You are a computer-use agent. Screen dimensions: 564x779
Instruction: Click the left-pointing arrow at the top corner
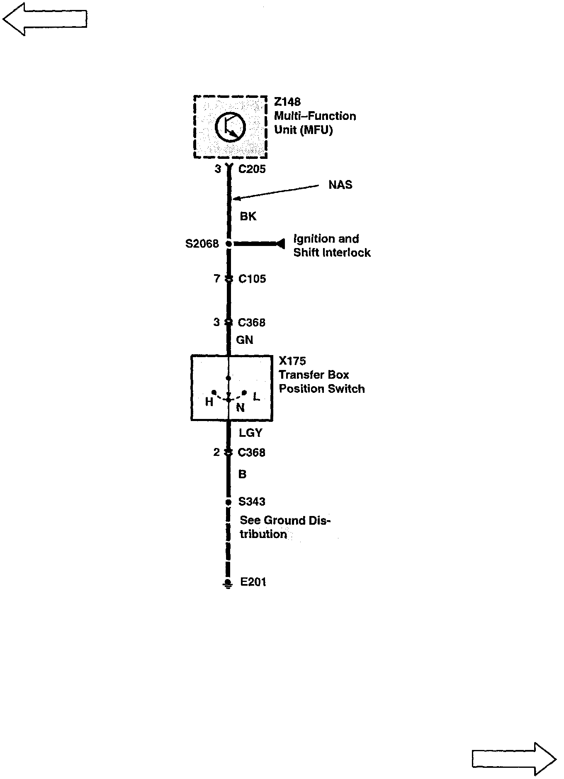[45, 19]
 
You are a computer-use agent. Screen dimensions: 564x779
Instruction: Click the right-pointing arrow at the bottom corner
[514, 759]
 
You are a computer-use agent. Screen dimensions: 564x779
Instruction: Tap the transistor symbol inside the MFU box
[230, 127]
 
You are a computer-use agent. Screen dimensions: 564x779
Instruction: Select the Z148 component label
[287, 102]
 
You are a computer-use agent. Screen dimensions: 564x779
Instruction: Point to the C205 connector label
[252, 169]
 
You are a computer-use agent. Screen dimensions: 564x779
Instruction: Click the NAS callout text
[340, 185]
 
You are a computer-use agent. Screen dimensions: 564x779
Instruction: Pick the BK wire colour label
[248, 217]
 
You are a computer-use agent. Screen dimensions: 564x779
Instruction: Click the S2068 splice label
[202, 243]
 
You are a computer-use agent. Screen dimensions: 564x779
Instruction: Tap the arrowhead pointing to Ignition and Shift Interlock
[281, 244]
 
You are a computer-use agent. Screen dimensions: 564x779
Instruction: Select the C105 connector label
[252, 279]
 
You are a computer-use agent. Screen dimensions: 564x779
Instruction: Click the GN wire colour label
[244, 340]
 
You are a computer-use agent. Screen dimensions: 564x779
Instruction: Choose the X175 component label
[292, 361]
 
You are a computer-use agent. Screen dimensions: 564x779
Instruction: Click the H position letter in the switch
[209, 402]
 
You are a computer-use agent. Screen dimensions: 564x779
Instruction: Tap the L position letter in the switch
[256, 397]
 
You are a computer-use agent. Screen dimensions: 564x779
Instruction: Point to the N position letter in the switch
[240, 408]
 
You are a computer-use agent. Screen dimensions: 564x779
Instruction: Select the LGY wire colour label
[250, 433]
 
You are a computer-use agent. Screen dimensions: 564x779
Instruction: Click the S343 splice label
[252, 502]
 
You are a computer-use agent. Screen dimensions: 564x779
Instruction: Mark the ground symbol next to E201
[228, 584]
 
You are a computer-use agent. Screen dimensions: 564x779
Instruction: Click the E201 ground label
[253, 582]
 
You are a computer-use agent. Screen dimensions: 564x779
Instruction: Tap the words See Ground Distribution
[284, 527]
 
